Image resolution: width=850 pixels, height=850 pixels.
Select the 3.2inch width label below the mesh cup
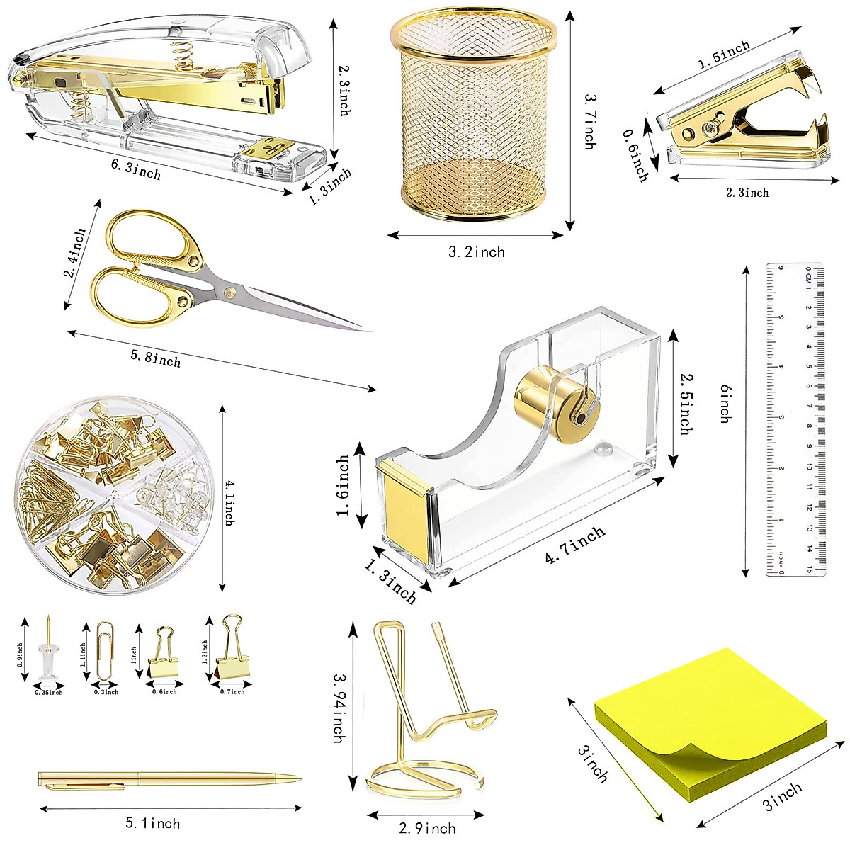click(x=477, y=252)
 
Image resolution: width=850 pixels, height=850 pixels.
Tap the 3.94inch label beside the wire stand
click(x=339, y=708)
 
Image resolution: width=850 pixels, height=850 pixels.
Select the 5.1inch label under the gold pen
click(x=153, y=823)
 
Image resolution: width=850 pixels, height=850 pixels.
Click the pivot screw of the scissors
click(x=227, y=291)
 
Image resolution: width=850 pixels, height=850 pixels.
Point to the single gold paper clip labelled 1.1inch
click(x=104, y=652)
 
